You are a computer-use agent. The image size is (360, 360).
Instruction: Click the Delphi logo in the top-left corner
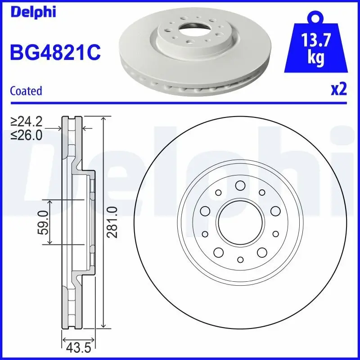pos(32,12)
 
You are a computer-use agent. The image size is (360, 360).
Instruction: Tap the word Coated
pos(26,91)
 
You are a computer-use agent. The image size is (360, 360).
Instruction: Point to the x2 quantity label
pos(338,90)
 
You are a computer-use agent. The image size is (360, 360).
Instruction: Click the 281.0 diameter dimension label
pos(113,222)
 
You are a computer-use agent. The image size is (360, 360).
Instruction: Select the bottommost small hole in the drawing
pos(239,260)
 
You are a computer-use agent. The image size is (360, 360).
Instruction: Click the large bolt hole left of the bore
pos(205,211)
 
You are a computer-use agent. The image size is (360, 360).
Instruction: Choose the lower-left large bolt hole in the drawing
pos(218,252)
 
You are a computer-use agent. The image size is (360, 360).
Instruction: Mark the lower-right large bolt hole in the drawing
pos(261,252)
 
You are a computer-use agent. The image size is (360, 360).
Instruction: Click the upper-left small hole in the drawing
pos(218,193)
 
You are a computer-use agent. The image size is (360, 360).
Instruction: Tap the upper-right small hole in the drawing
pos(261,193)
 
